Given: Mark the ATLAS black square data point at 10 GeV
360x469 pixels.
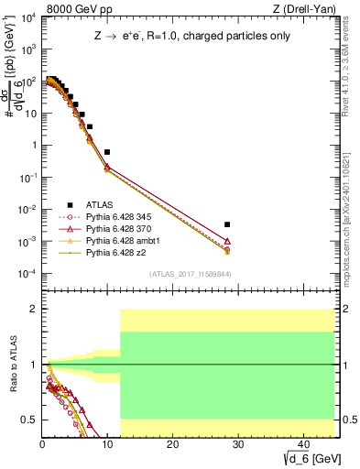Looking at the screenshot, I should (x=107, y=152).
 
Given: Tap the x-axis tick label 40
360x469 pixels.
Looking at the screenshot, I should (x=302, y=443).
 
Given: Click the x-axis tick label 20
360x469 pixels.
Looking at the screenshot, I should (x=172, y=443).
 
